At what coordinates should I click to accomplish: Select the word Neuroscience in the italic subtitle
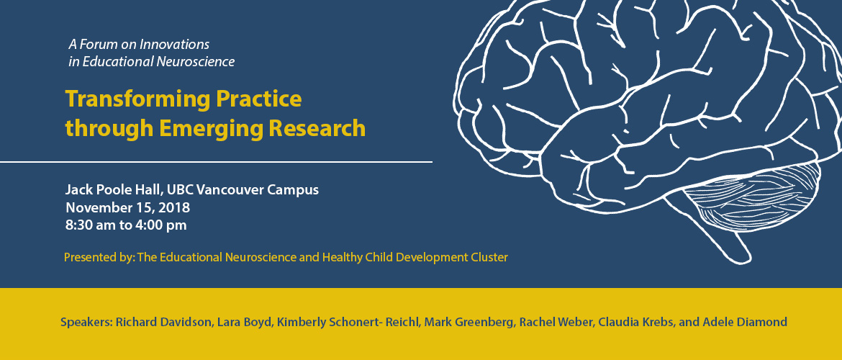pos(196,62)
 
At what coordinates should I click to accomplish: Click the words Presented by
pos(99,257)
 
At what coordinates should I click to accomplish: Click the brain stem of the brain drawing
pos(720,236)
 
